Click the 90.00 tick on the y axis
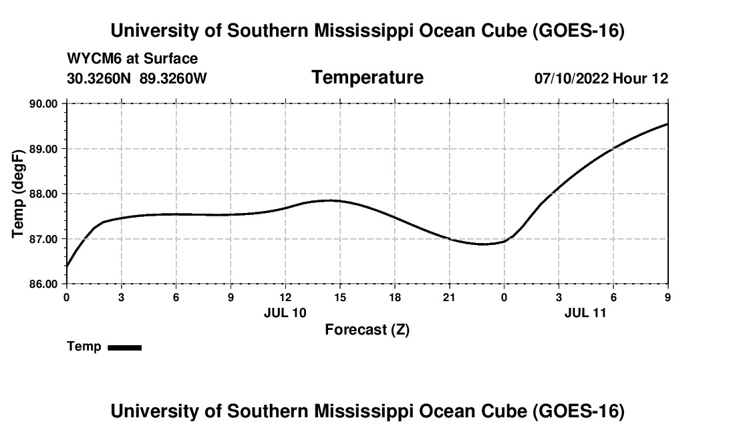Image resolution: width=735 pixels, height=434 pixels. coord(43,103)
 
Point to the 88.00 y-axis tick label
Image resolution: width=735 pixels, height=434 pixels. coord(43,194)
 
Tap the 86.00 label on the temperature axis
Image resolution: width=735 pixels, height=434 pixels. coord(43,284)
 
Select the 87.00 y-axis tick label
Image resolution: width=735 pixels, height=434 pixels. coord(43,239)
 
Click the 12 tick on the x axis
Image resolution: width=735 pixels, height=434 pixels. coord(285,297)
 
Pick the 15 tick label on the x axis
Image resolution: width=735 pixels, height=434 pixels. coord(340,297)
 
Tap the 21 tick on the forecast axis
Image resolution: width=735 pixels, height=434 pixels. coord(450,297)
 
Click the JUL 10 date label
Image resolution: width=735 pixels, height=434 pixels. coord(285,312)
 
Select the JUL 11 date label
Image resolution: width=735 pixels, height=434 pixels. coord(585,312)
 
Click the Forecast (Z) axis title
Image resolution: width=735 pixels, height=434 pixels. coord(367,330)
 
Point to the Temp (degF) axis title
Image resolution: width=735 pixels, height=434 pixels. coord(18,194)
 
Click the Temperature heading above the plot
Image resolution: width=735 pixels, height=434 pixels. coord(367,77)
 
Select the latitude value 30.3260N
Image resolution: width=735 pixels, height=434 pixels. coord(98,78)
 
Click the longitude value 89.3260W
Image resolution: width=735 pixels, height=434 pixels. coord(173,78)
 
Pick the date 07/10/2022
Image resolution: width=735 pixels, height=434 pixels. coord(571,78)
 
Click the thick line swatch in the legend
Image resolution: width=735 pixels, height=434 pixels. coord(125,347)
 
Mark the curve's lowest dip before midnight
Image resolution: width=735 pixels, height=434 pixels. coord(484,244)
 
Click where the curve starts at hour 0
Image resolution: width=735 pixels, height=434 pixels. coord(67,266)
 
